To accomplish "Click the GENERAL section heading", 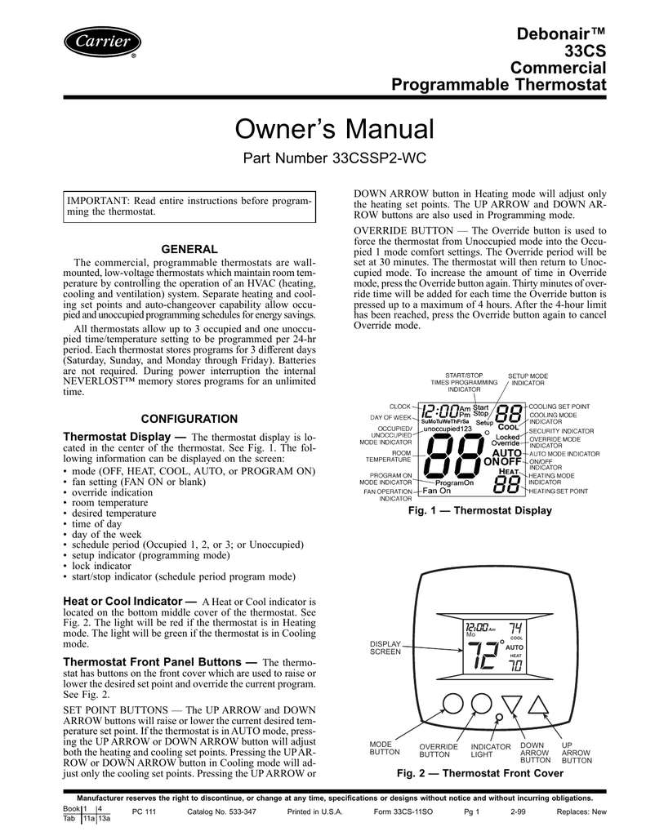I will click(x=187, y=248).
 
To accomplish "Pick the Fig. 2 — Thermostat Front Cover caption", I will click(x=480, y=772).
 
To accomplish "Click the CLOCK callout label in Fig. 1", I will click(x=399, y=406).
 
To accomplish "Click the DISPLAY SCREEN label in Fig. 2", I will click(x=385, y=647).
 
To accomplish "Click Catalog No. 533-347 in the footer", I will click(x=222, y=812).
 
